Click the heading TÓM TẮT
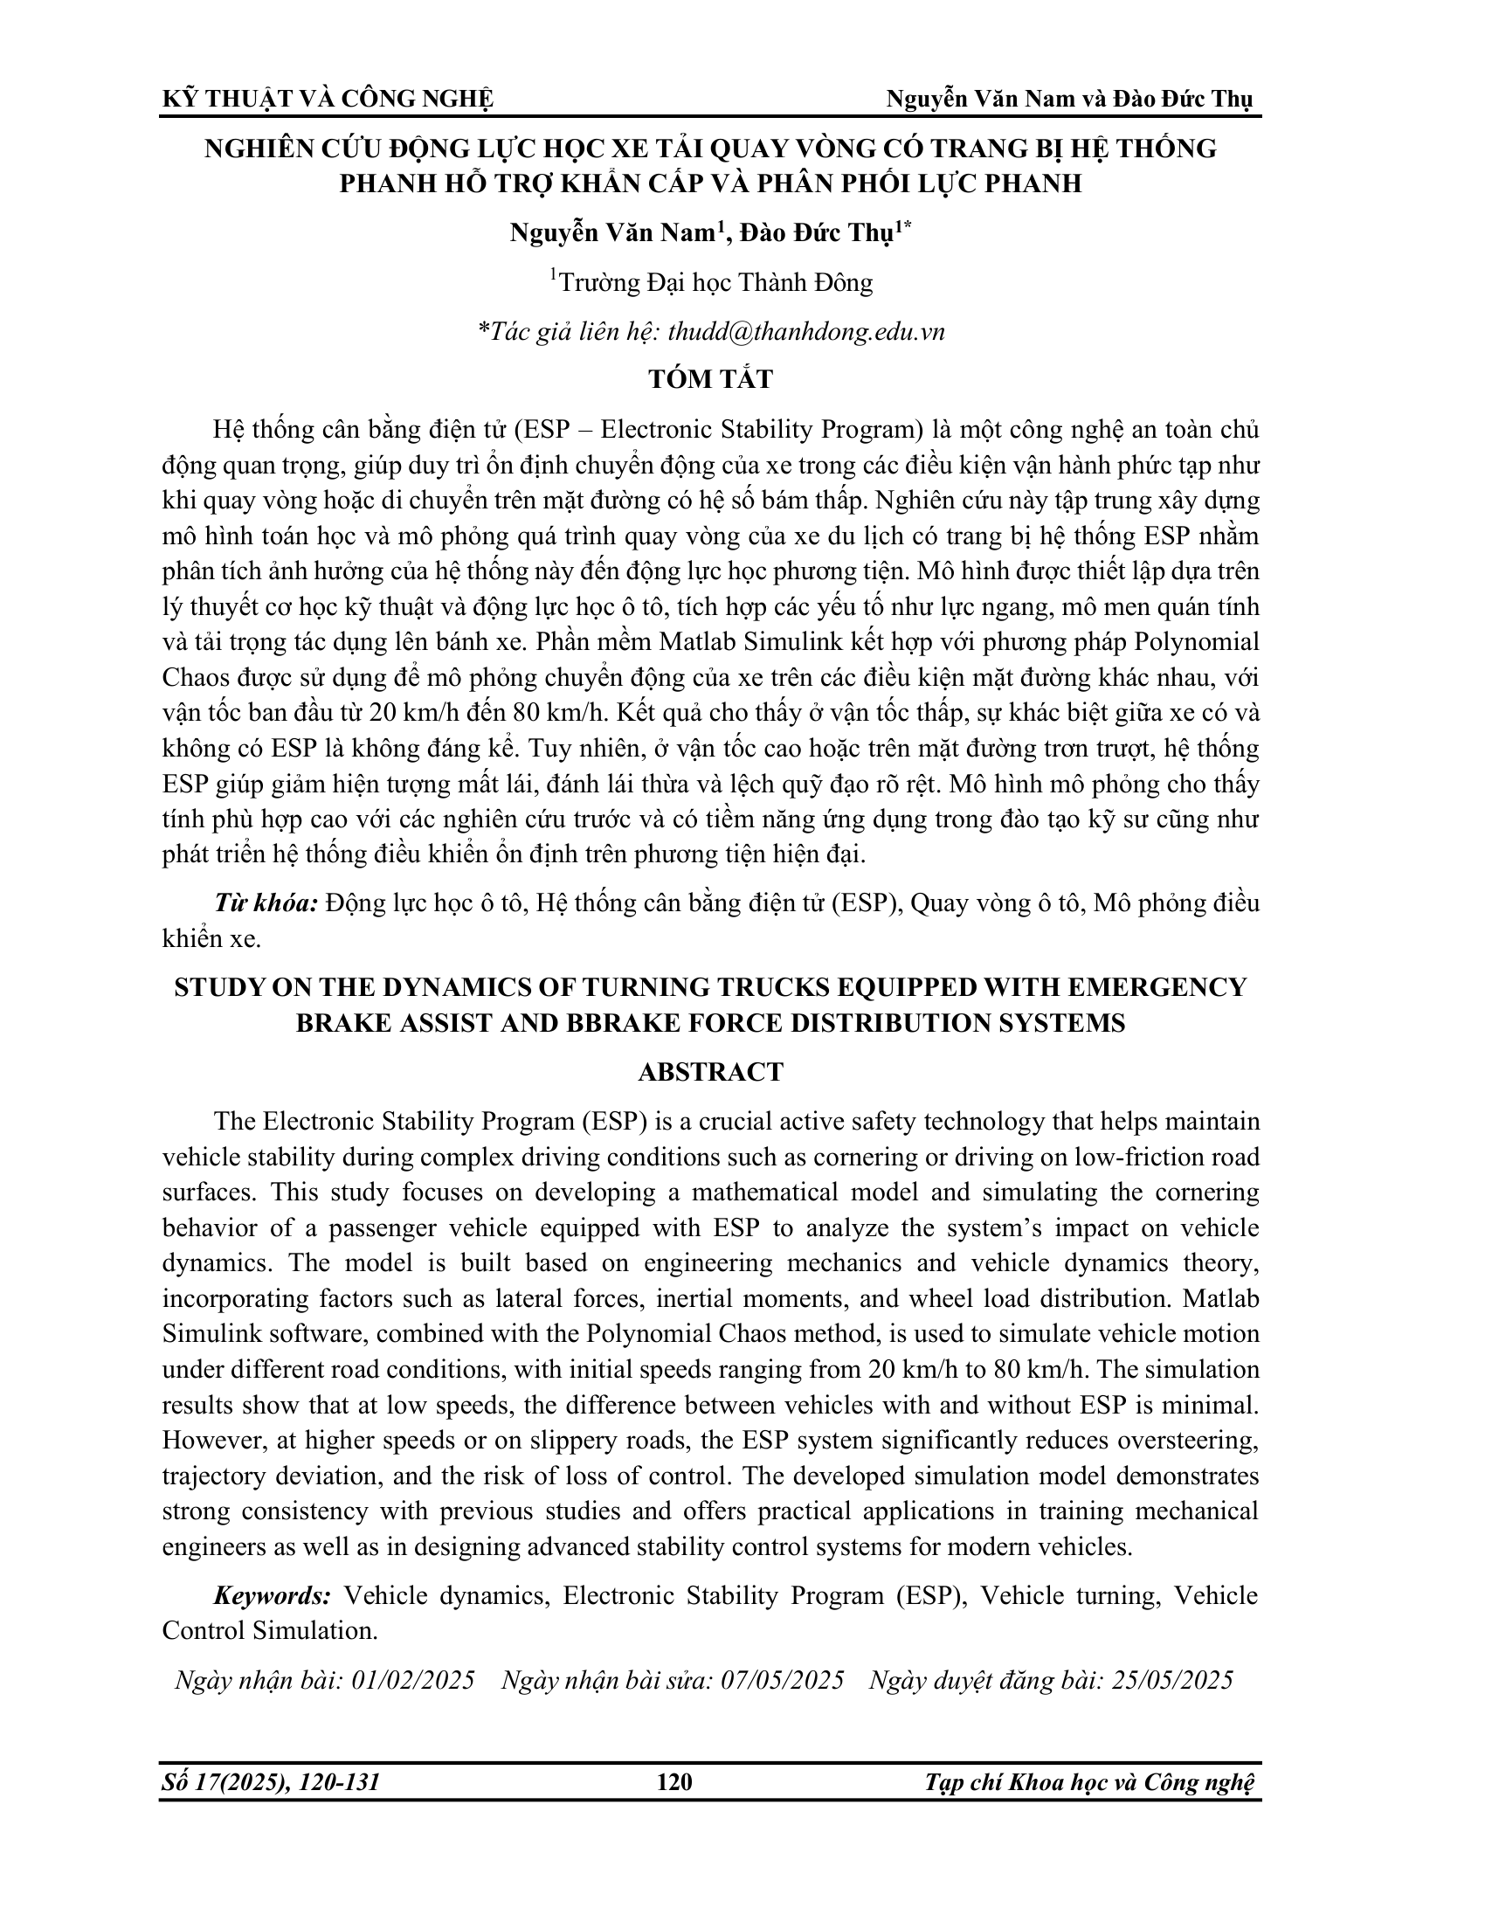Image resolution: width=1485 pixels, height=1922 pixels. [x=710, y=379]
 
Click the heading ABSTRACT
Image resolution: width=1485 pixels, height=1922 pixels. [x=710, y=1072]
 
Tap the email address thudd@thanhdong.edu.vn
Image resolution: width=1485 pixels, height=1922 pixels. [x=807, y=332]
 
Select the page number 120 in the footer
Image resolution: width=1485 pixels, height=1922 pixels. [x=674, y=1783]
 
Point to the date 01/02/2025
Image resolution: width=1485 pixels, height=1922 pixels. [x=412, y=1680]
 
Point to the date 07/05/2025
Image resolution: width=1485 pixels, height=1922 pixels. [x=782, y=1680]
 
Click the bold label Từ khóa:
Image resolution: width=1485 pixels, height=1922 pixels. [x=266, y=904]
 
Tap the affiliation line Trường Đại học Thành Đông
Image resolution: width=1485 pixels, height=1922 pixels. [x=713, y=283]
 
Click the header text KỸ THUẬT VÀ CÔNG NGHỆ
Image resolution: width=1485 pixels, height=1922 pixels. [x=328, y=100]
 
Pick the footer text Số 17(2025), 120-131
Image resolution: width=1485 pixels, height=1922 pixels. [x=271, y=1783]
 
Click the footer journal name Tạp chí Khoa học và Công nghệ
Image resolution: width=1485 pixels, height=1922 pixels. [x=1089, y=1783]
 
